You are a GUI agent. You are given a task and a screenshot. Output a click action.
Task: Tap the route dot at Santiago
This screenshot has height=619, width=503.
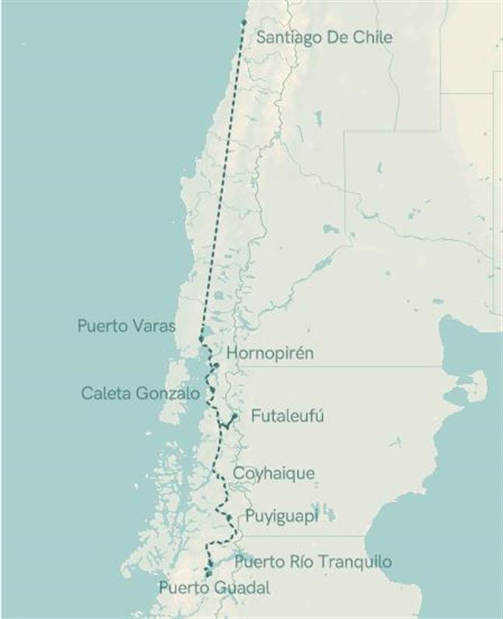coord(243,22)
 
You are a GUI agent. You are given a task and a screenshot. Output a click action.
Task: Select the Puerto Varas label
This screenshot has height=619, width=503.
coord(126,326)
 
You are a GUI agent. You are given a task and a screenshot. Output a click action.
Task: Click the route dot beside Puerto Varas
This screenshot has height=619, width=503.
coord(201,340)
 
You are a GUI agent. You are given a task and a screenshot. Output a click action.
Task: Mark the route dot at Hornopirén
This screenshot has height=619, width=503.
coord(217,365)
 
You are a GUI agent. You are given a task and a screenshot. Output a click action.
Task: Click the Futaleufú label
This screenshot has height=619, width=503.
coord(287,417)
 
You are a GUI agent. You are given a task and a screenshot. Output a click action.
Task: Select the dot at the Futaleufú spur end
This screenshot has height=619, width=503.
coord(234,416)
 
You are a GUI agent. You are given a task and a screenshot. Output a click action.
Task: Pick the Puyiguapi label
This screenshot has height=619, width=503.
coord(281,516)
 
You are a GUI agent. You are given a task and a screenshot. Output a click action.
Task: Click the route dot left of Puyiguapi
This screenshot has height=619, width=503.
coord(229,516)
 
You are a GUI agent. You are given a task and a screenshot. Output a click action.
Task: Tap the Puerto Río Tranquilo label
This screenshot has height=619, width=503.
coord(313,561)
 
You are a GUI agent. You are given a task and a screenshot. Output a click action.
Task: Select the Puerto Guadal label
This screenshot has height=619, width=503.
coord(214,589)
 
